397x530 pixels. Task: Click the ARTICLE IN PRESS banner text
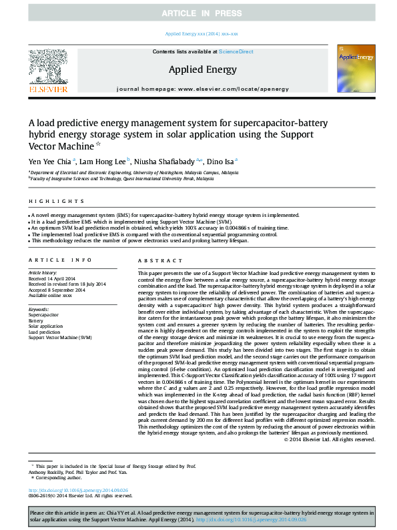pyautogui.click(x=198, y=13)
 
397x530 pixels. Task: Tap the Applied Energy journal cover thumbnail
pyautogui.click(x=351, y=68)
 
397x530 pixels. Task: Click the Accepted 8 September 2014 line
pyautogui.click(x=57, y=290)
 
